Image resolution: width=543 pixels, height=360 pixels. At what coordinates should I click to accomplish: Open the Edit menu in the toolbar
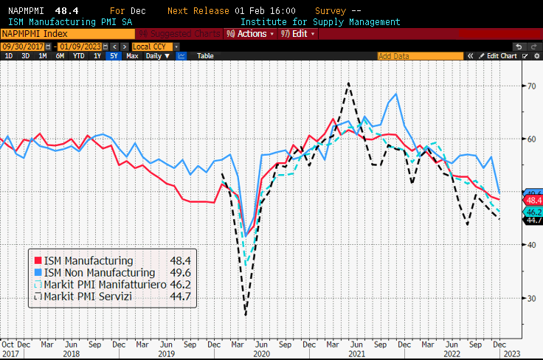pyautogui.click(x=300, y=34)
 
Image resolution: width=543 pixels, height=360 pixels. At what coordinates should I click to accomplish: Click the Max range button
pyautogui.click(x=132, y=55)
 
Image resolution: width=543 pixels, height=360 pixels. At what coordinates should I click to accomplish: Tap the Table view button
pyautogui.click(x=205, y=55)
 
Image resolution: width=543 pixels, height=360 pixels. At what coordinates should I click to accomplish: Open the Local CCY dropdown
pyautogui.click(x=155, y=46)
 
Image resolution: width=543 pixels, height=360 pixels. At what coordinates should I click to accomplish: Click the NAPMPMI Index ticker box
pyautogui.click(x=66, y=34)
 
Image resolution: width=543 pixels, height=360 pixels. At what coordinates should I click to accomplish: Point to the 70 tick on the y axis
pyautogui.click(x=530, y=86)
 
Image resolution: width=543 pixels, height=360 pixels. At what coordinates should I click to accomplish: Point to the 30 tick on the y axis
pyautogui.click(x=530, y=298)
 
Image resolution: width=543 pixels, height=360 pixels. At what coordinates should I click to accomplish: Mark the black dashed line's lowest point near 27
pyautogui.click(x=246, y=315)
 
